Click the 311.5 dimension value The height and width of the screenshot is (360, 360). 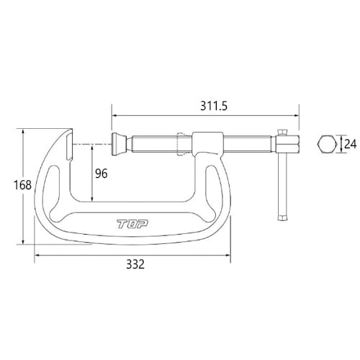(214, 106)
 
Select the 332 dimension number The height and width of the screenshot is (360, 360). (135, 264)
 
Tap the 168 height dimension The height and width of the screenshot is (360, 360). (22, 185)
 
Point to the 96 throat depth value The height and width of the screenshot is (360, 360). (102, 174)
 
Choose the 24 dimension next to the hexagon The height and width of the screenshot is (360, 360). (350, 144)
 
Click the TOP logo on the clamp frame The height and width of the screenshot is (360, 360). (132, 224)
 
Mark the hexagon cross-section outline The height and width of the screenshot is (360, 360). (327, 144)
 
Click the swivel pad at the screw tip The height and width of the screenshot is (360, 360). (119, 144)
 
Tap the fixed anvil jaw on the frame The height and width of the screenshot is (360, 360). (69, 146)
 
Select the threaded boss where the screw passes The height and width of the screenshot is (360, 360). (208, 144)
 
